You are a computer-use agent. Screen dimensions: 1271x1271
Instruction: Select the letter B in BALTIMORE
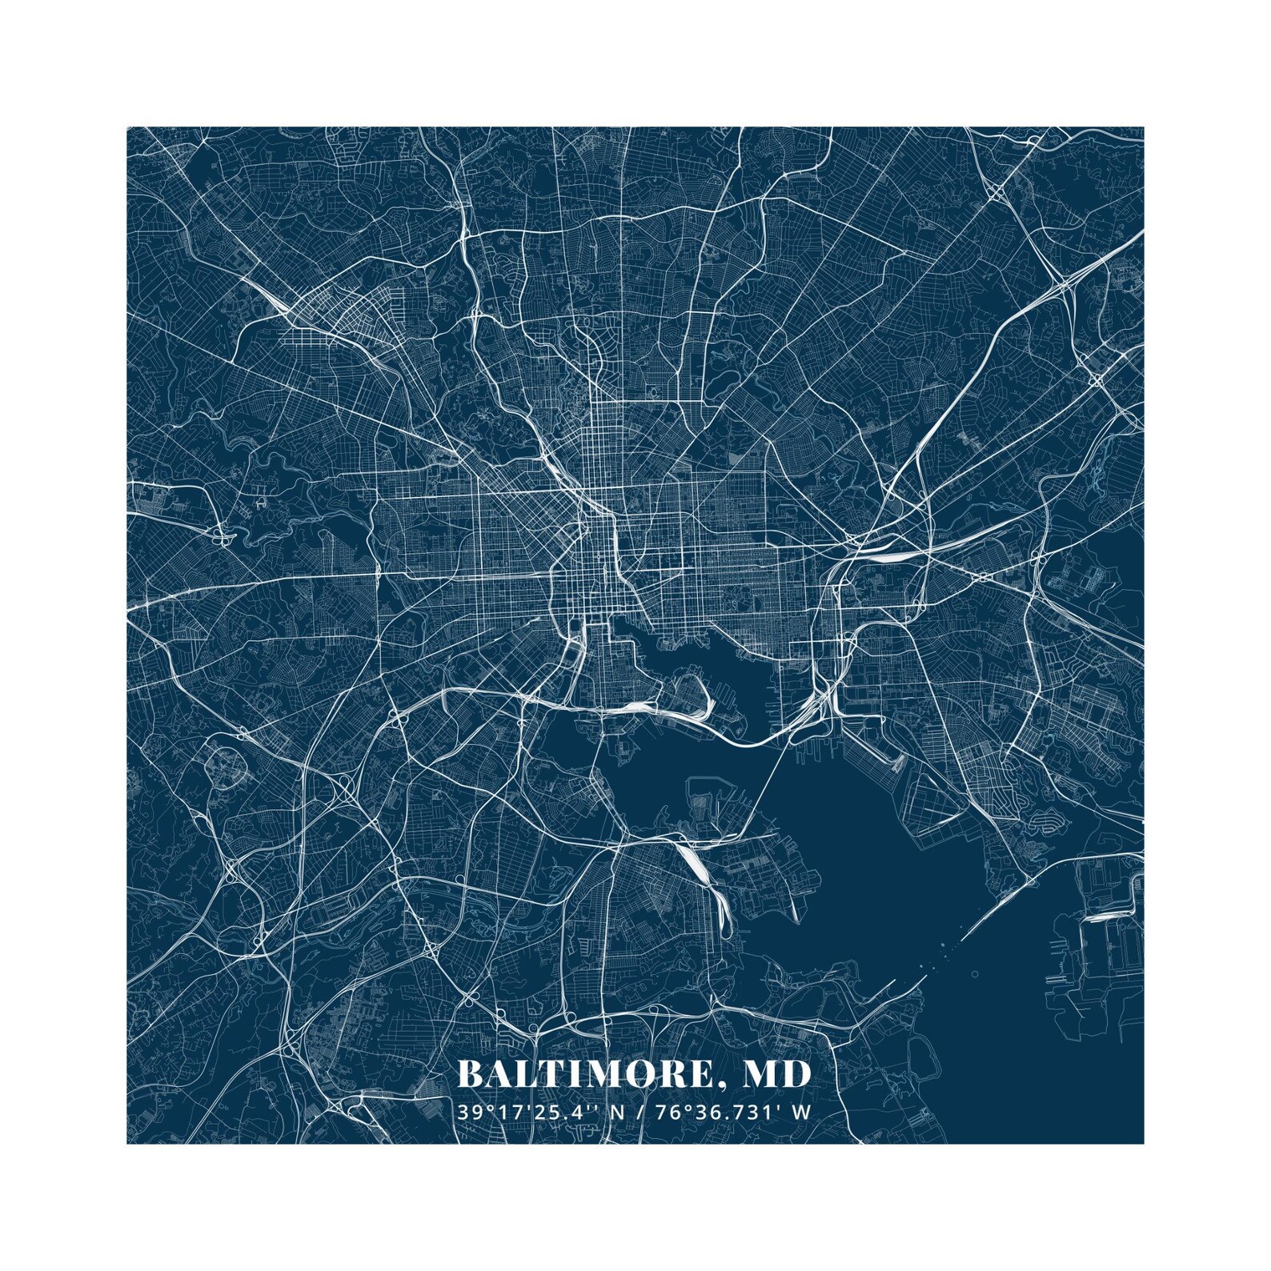pos(470,1074)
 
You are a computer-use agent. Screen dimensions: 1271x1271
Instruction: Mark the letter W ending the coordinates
pos(803,1112)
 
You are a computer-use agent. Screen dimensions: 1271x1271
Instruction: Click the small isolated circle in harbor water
pos(975,974)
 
